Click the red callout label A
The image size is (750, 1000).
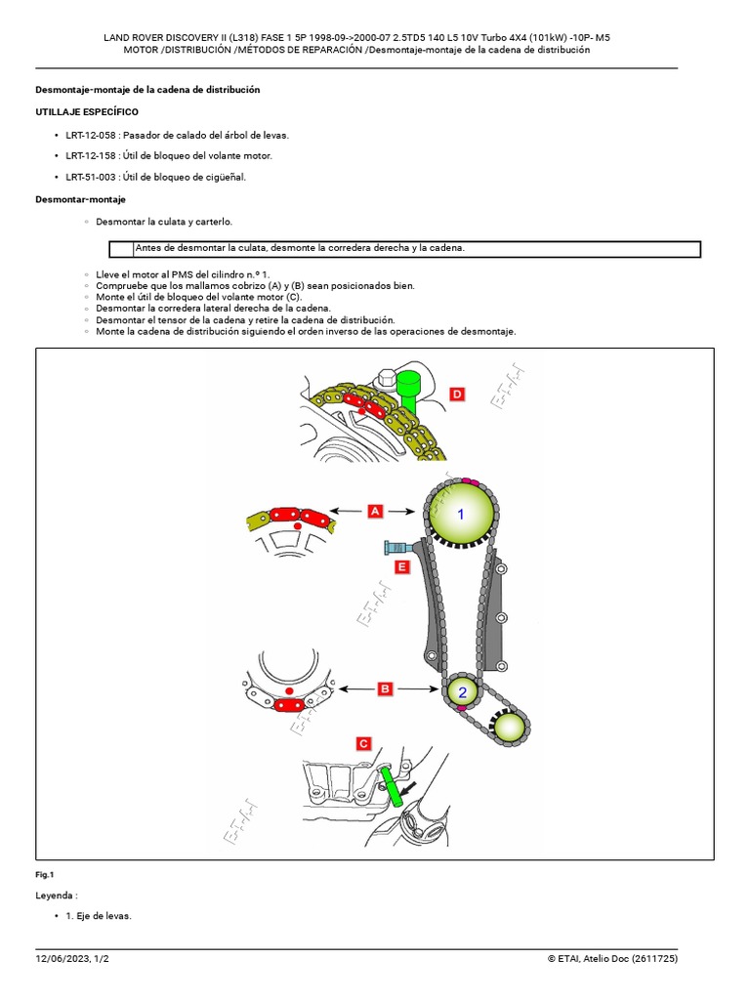(x=374, y=510)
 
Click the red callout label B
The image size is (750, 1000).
(x=385, y=688)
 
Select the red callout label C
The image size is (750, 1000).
(x=363, y=744)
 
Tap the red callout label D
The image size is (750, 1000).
(x=457, y=394)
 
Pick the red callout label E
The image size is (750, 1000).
(x=401, y=565)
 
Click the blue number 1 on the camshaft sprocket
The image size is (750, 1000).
(x=462, y=514)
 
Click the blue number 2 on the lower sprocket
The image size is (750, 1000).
(x=462, y=692)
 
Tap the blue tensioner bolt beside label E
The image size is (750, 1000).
(x=396, y=548)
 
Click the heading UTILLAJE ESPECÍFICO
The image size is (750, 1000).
(x=87, y=112)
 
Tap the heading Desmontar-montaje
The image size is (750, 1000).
(x=80, y=199)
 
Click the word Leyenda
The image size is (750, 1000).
(x=56, y=895)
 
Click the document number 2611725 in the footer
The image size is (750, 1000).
(x=650, y=959)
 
